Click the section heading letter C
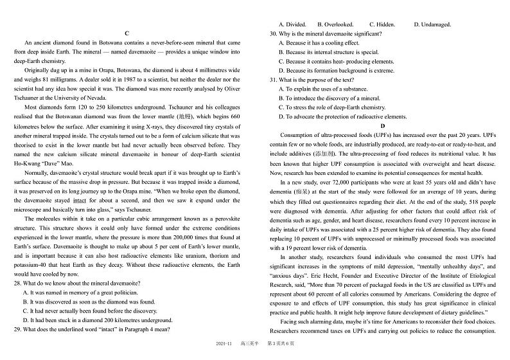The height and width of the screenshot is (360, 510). point(127,33)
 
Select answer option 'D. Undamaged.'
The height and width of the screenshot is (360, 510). point(432,24)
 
